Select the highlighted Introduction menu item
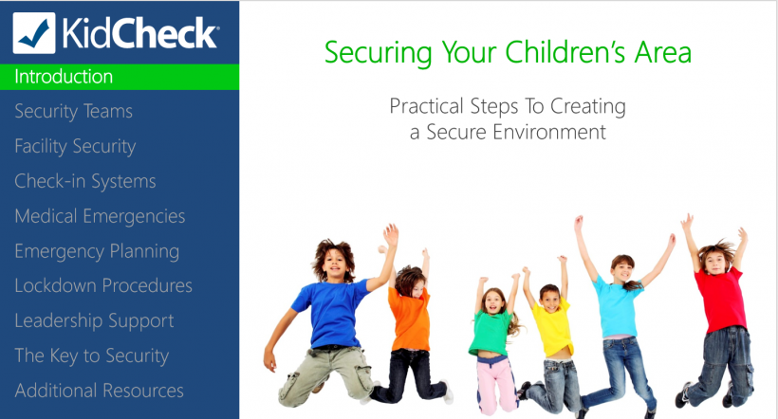(64, 77)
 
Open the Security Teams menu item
(73, 112)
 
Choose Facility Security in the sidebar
(75, 147)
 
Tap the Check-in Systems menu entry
(84, 181)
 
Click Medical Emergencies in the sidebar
(100, 216)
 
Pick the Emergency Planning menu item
(97, 251)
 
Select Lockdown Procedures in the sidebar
(103, 285)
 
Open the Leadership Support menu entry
(94, 320)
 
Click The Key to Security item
(91, 355)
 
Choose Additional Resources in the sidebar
(99, 390)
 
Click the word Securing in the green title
(368, 53)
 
